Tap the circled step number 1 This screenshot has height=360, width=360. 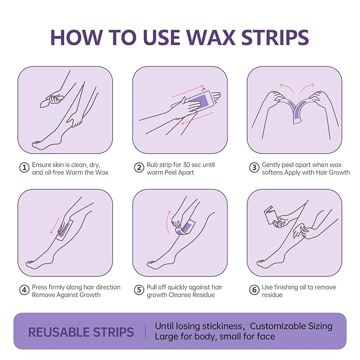[x=24, y=168]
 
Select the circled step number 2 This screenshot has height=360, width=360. [x=139, y=168]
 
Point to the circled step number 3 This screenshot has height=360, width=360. [x=254, y=168]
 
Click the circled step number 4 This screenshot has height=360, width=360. [x=24, y=290]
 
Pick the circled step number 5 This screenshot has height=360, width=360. [x=139, y=290]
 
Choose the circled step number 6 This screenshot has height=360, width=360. [x=254, y=290]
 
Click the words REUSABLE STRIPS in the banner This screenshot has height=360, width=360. [x=81, y=332]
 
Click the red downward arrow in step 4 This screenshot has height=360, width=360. [x=55, y=226]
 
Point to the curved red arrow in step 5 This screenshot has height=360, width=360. [x=168, y=221]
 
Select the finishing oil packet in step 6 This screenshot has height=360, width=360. [x=271, y=216]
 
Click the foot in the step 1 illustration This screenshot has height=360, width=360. [x=41, y=144]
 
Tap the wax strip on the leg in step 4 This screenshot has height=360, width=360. [x=65, y=230]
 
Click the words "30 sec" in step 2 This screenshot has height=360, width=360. [x=190, y=165]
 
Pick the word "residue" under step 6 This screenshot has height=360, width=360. [x=272, y=295]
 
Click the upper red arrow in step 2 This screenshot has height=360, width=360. [x=188, y=91]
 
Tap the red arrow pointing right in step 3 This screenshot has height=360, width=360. [x=307, y=87]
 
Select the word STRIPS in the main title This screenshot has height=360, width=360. [x=275, y=37]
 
